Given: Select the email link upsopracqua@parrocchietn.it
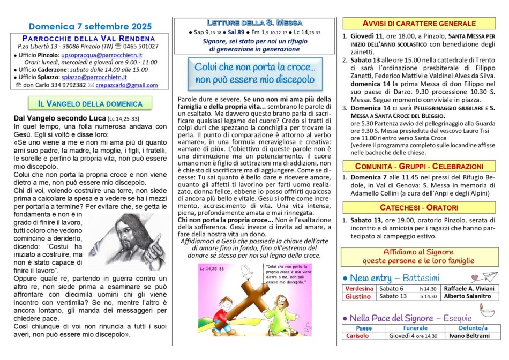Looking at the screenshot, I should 105,55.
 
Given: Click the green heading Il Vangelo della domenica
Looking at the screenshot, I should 90,103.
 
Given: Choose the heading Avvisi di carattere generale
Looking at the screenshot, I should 420,23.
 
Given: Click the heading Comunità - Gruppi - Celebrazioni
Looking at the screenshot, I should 420,166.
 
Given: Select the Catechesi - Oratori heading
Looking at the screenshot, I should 420,207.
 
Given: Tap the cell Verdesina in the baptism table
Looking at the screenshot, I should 359,288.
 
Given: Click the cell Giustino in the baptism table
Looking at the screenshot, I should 358,296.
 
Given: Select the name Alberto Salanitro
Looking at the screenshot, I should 467,296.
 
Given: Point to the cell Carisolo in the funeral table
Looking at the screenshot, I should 357,336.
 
